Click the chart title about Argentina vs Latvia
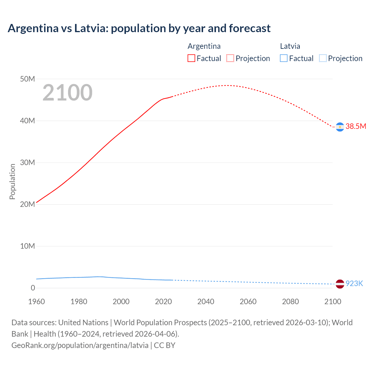point(139,28)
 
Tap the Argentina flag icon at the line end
point(340,127)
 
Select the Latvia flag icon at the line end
point(340,284)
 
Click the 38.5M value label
point(356,126)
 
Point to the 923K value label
point(354,283)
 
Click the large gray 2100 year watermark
point(67,93)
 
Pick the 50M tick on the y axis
point(27,79)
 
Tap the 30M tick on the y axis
point(27,162)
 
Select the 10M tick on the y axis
point(27,246)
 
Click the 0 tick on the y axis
point(33,288)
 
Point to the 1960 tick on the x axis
point(37,302)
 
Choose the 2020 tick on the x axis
point(163,302)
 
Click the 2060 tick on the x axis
point(248,302)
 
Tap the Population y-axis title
point(12,181)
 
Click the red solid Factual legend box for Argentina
point(191,58)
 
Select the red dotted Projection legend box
point(230,58)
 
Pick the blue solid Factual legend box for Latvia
point(284,58)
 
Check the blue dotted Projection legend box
point(323,58)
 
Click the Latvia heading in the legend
point(290,46)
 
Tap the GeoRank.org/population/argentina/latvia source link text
point(80,345)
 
